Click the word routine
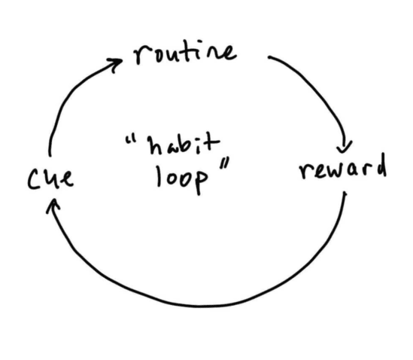pos(184,53)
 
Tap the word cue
pos(50,180)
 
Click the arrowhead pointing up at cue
pos(52,205)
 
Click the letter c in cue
pos(33,181)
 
